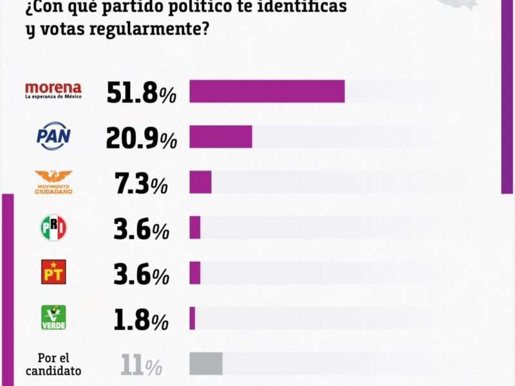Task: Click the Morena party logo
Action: tap(53, 91)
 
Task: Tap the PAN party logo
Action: tap(53, 136)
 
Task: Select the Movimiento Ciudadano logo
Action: tap(53, 182)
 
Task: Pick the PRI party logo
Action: tap(53, 228)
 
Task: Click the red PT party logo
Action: tap(53, 272)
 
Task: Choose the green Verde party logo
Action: tap(53, 317)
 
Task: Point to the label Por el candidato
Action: tap(53, 364)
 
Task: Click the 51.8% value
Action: tap(141, 93)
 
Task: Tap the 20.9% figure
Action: tap(141, 138)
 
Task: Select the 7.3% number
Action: tap(141, 184)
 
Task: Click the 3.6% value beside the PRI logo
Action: tap(141, 229)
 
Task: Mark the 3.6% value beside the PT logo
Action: tap(141, 274)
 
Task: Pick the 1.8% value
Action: tap(141, 319)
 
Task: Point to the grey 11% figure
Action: tap(141, 365)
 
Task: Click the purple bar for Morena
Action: tap(267, 91)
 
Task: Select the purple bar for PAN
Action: tap(221, 136)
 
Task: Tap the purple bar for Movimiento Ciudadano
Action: tap(200, 182)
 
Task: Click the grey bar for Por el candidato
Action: tap(206, 363)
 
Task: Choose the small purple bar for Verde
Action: tap(192, 318)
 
